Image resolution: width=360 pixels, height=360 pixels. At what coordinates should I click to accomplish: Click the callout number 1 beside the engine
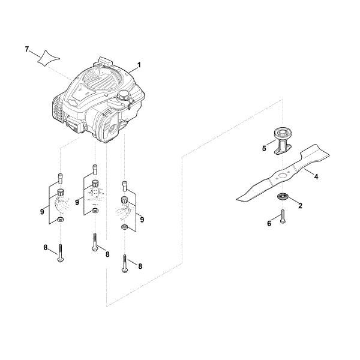pos(139,65)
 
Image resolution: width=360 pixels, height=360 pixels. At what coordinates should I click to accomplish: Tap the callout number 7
pos(27,49)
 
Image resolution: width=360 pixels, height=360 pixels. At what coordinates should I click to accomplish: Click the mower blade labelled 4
pos(283,173)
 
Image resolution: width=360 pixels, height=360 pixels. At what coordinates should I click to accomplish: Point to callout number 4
pos(316,177)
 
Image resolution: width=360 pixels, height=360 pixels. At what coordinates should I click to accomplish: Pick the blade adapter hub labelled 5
pos(283,142)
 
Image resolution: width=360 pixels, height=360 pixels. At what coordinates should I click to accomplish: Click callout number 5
pos(264,149)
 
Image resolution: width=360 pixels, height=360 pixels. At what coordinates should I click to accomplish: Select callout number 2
pos(301,206)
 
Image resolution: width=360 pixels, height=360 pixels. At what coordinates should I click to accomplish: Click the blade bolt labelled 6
pos(283,216)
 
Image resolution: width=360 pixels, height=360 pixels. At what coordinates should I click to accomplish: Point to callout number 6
pos(269,223)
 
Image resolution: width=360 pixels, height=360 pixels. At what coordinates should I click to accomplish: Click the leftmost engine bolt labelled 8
pos(61,253)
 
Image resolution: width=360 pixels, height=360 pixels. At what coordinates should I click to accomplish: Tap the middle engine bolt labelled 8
pos(94,242)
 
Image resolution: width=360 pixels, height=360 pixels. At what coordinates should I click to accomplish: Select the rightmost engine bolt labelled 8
pos(125,263)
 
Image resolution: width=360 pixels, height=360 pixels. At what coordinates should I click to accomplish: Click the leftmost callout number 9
pos(42,212)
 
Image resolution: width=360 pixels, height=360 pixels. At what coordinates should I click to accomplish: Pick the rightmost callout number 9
pos(142,220)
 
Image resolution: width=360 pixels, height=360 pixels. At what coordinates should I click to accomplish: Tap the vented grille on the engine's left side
pos(58,108)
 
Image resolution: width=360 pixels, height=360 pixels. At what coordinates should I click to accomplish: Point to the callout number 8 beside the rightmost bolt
pos(140,266)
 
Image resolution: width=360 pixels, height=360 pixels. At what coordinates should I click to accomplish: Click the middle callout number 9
pos(77,202)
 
